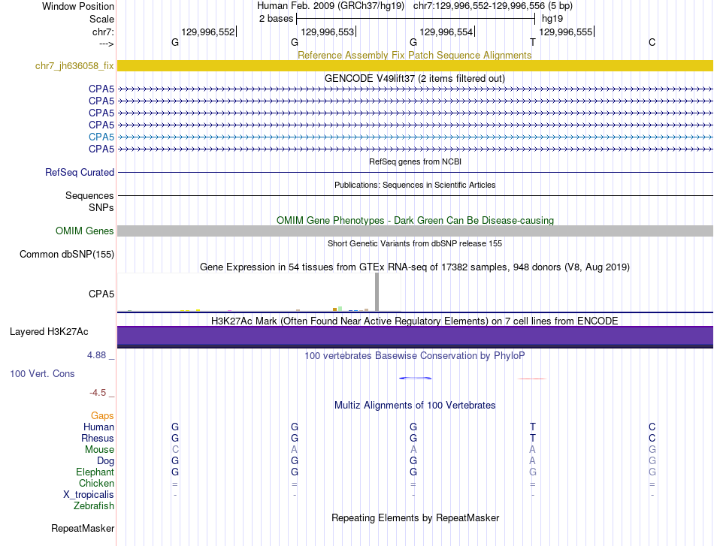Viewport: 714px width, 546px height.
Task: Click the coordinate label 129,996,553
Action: point(327,32)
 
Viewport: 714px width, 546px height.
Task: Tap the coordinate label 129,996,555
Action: point(566,32)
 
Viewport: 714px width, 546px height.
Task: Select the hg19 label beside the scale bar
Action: point(552,19)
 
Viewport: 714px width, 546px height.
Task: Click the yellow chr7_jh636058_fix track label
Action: point(74,66)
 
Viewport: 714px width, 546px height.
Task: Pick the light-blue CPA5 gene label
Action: point(101,137)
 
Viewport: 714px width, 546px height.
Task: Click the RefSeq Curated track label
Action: point(80,173)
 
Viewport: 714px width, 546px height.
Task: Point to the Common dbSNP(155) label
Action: point(67,255)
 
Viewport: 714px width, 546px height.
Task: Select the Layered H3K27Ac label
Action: point(49,332)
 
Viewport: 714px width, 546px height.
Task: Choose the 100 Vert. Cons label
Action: point(42,373)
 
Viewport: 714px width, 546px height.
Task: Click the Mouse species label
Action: point(99,450)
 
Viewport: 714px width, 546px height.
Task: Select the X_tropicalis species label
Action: point(89,495)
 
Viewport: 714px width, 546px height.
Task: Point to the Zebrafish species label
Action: point(95,506)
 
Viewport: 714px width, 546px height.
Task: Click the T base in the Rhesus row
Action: point(533,438)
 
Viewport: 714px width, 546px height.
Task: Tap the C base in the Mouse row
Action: point(175,449)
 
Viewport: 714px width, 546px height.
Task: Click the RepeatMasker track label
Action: point(83,529)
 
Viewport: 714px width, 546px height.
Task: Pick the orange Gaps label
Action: point(102,415)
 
